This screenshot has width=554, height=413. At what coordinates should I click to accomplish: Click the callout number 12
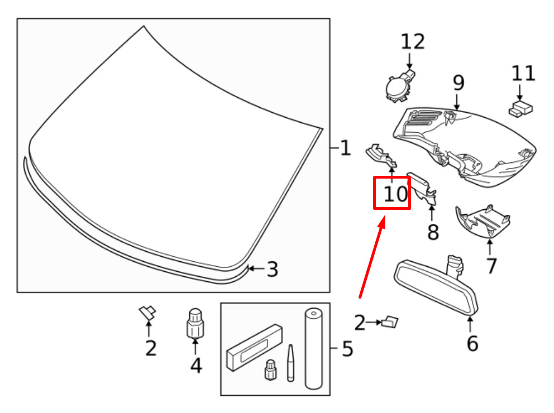[412, 42]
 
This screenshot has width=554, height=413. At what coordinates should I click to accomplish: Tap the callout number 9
[459, 83]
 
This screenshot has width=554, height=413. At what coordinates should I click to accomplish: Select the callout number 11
[523, 74]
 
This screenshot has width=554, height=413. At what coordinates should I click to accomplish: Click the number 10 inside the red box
[395, 194]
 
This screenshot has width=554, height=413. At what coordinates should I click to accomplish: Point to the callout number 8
[433, 232]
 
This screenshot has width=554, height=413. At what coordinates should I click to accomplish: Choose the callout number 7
[491, 266]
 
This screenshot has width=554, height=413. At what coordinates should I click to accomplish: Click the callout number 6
[472, 343]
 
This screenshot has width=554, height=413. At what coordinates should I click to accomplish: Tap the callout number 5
[347, 349]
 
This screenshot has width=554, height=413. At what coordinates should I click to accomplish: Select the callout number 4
[196, 365]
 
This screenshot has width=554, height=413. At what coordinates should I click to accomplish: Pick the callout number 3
[272, 270]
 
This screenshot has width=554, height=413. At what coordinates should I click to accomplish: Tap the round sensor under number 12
[398, 88]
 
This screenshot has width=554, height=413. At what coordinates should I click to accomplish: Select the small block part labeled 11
[520, 109]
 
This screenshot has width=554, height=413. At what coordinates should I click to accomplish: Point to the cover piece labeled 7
[483, 222]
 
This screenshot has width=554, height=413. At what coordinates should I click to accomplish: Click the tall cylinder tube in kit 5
[314, 348]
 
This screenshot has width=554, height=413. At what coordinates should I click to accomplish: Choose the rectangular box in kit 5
[255, 347]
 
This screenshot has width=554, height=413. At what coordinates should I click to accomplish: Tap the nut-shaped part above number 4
[195, 323]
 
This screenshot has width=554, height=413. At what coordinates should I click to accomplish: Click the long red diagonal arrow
[372, 258]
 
